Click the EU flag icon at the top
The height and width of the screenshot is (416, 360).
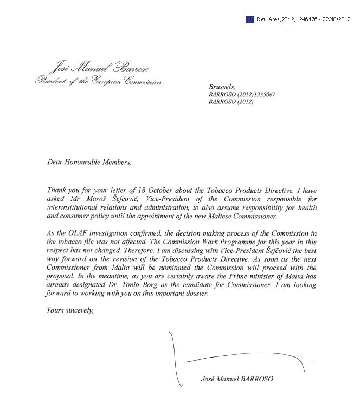tap(249, 19)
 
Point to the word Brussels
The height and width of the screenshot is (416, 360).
tap(222, 87)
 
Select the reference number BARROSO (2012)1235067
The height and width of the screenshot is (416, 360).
tap(242, 94)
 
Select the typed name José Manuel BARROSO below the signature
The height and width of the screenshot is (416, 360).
tap(234, 380)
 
